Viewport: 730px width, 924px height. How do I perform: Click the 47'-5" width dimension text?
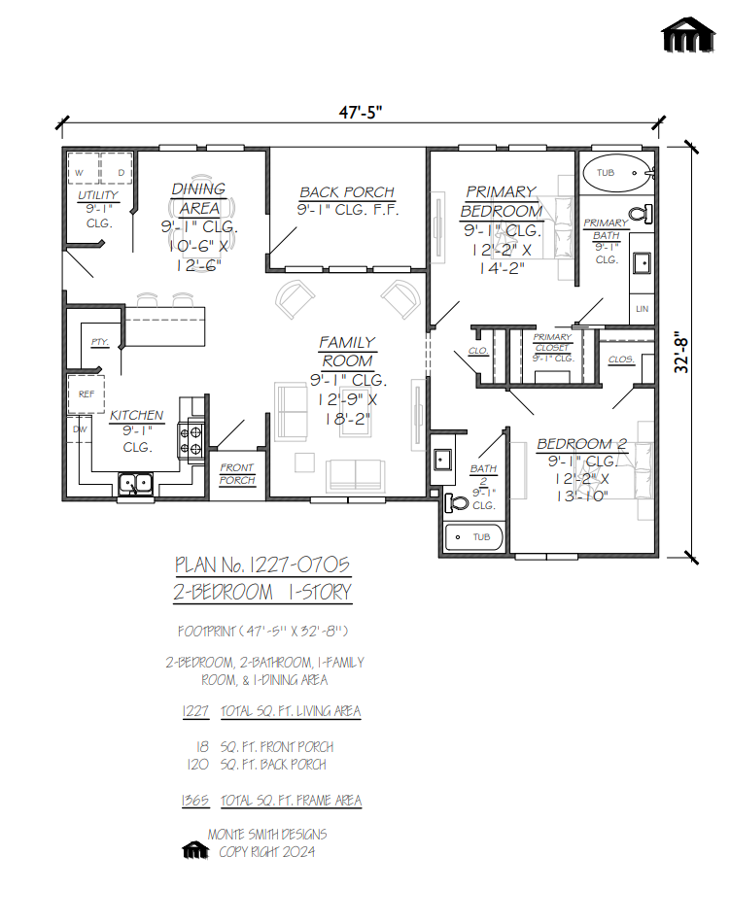point(361,112)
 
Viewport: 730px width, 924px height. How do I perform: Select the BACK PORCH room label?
point(347,192)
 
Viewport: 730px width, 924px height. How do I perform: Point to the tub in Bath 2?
point(474,537)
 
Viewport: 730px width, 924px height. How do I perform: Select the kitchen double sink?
point(136,482)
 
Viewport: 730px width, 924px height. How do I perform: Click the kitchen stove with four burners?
point(191,441)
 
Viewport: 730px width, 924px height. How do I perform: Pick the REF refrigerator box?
point(86,394)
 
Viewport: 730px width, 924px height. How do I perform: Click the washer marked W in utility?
point(81,173)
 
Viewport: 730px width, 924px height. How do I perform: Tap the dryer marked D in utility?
point(121,173)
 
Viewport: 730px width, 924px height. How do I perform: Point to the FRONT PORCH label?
point(236,474)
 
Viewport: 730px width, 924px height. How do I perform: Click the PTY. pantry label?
point(99,343)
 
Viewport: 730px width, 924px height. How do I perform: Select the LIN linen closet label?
point(642,308)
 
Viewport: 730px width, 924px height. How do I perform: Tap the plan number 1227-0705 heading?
point(262,565)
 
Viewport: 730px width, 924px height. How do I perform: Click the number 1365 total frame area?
point(195,801)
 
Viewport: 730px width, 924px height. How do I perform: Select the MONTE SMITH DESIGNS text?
point(267,835)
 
